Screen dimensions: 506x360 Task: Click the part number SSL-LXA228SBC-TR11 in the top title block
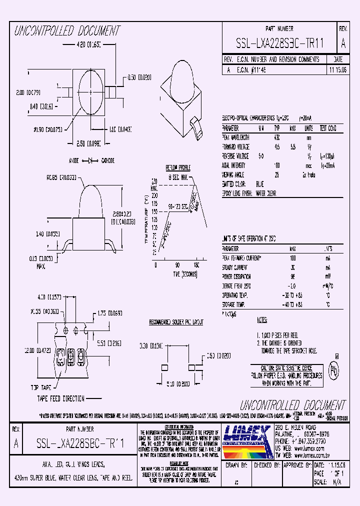[280, 43]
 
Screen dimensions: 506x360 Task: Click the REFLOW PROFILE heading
[178, 167]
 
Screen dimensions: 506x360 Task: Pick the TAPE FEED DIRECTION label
[60, 398]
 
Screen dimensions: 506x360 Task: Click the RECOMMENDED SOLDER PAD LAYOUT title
[176, 323]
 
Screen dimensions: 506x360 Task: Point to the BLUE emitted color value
[260, 184]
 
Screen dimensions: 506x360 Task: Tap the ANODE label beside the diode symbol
[73, 161]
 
